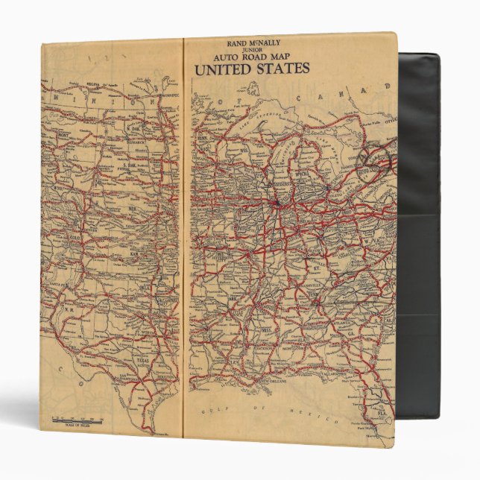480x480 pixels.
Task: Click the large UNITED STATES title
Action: click(x=251, y=70)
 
